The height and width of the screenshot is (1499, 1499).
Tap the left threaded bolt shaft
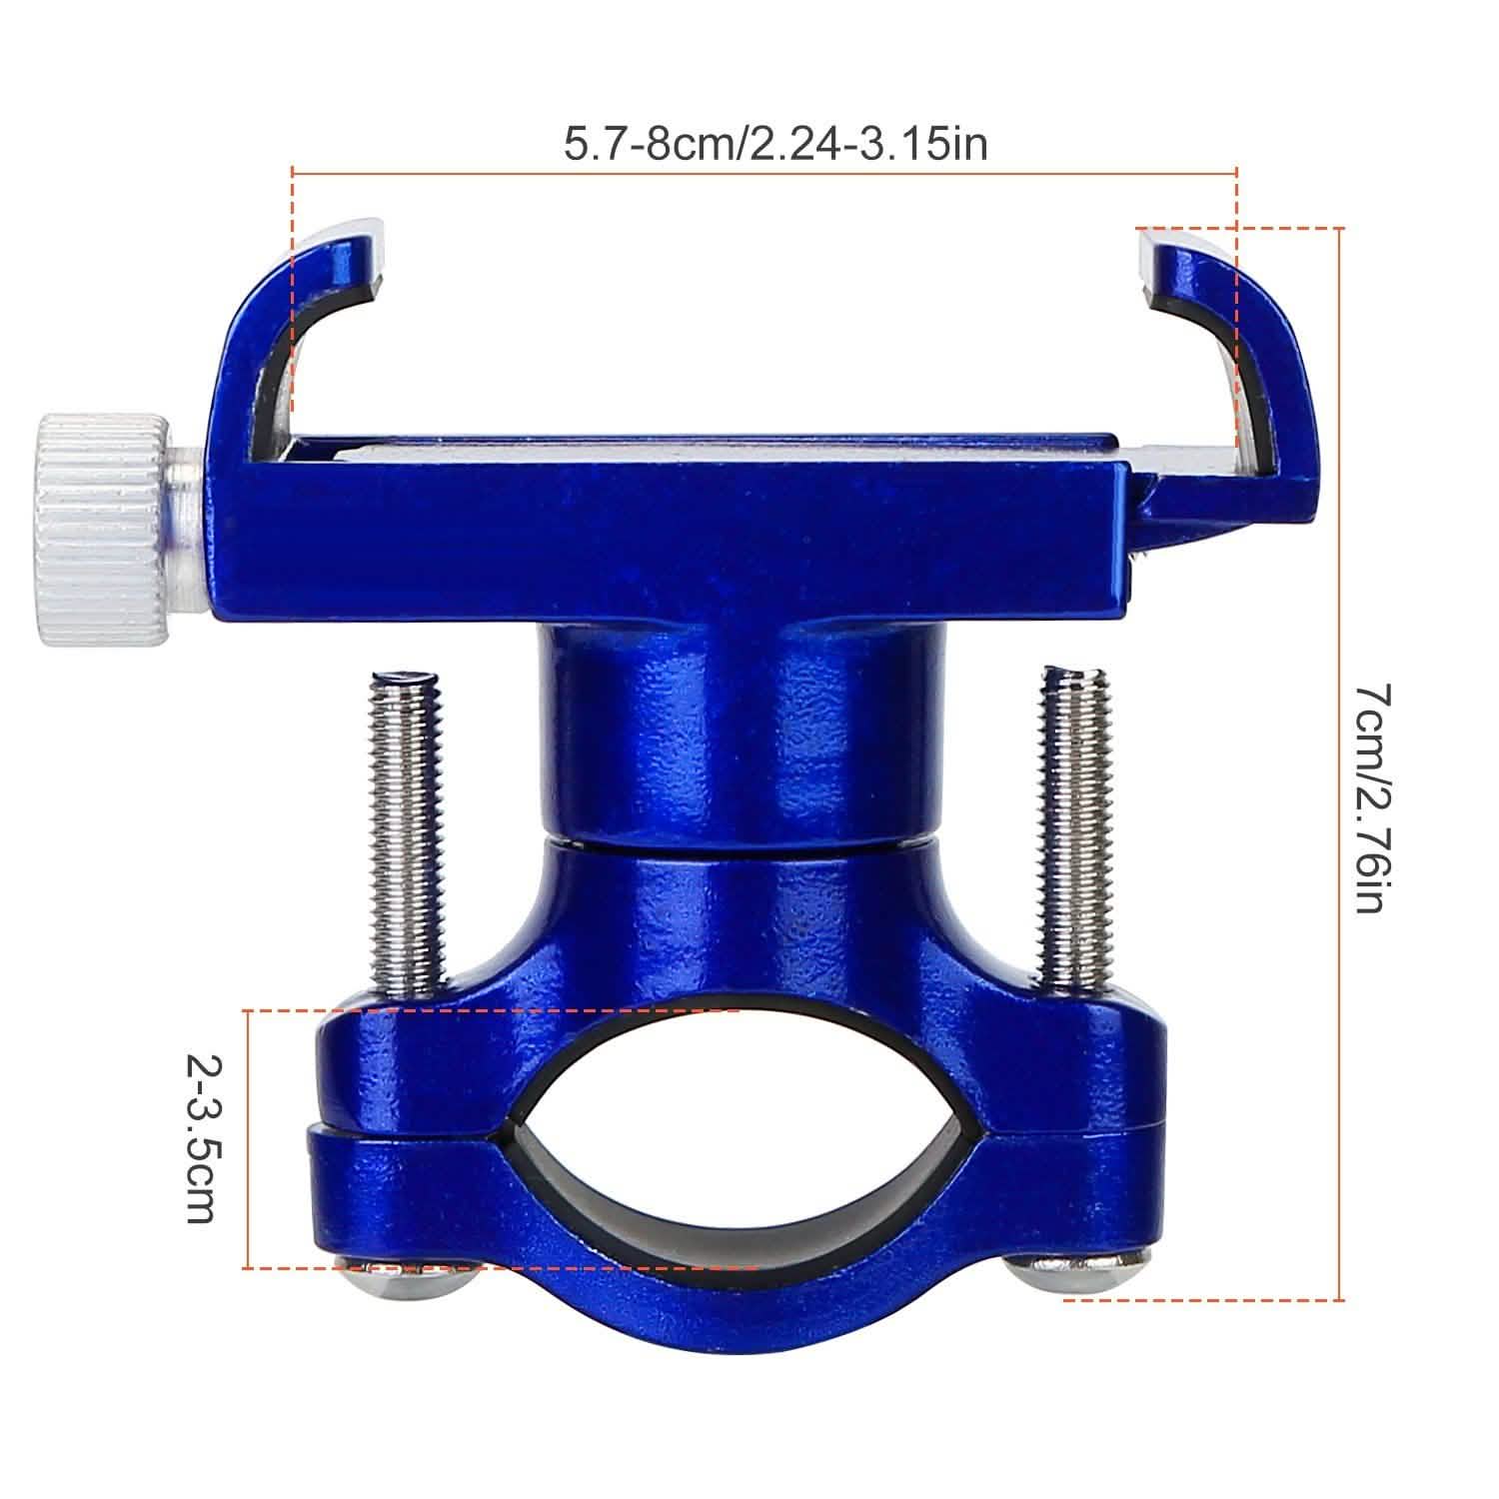[x=405, y=829]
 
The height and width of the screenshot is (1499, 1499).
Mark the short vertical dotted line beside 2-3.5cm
[x=246, y=1139]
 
